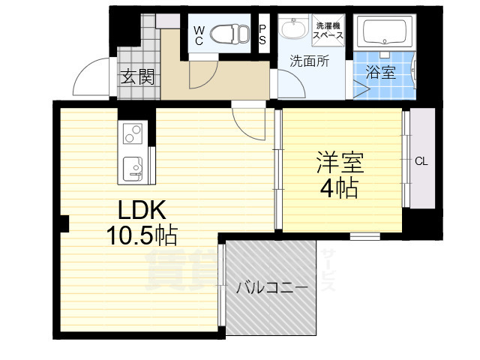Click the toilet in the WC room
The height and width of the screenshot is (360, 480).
[x=228, y=33]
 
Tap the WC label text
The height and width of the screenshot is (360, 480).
[x=199, y=34]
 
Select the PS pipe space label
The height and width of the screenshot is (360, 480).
[x=263, y=34]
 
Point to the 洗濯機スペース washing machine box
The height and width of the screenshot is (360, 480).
[x=328, y=30]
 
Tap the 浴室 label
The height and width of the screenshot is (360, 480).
[x=380, y=72]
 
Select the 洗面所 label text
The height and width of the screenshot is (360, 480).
[x=309, y=62]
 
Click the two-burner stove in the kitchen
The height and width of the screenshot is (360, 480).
[x=133, y=134]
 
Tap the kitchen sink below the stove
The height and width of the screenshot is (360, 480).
[x=133, y=167]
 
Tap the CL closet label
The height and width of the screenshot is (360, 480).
[x=421, y=161]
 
